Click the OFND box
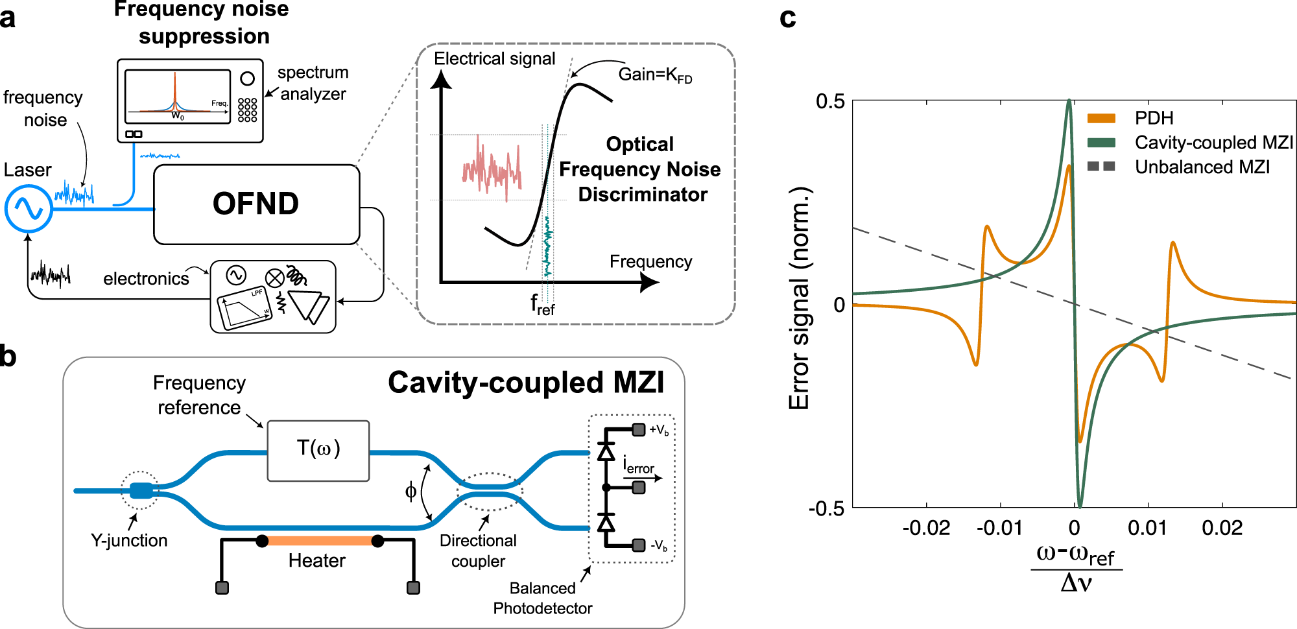pyautogui.click(x=256, y=204)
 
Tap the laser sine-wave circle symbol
pyautogui.click(x=29, y=208)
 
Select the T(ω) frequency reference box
pyautogui.click(x=318, y=451)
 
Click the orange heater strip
pyautogui.click(x=320, y=541)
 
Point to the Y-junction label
pyautogui.click(x=129, y=540)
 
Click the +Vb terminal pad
pyautogui.click(x=639, y=429)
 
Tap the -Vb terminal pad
pyautogui.click(x=639, y=545)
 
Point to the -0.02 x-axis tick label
pyautogui.click(x=926, y=528)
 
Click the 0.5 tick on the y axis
pyautogui.click(x=830, y=102)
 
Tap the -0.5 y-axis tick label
pyautogui.click(x=826, y=508)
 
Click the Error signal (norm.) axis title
pyautogui.click(x=800, y=298)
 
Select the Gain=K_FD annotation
pyautogui.click(x=655, y=75)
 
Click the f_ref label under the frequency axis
pyautogui.click(x=542, y=303)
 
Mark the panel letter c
pyautogui.click(x=787, y=18)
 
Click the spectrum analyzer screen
pyautogui.click(x=177, y=97)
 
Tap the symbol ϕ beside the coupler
pyautogui.click(x=411, y=492)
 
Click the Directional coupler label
pyautogui.click(x=478, y=551)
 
